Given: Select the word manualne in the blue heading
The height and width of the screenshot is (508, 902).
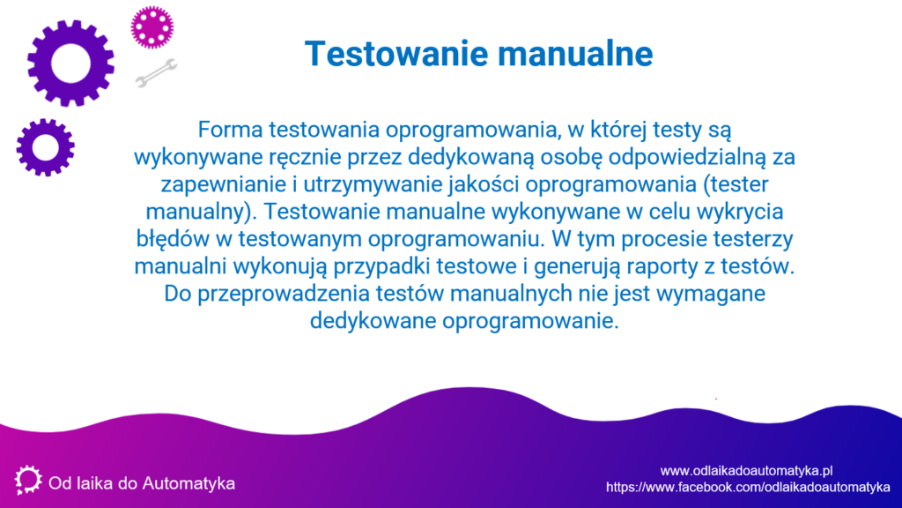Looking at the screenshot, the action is pos(575,54).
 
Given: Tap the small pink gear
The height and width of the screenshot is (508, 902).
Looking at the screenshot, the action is pos(152,27).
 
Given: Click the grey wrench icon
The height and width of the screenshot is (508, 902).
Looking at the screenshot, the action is pos(156,73).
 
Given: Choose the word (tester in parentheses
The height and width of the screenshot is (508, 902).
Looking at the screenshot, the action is pos(736,184).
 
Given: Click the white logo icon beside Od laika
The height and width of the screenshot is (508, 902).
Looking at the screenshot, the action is pos(27,480).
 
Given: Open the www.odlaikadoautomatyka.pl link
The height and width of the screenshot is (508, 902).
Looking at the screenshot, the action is pos(746,471).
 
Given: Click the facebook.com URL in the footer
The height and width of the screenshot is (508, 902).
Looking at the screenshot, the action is pos(748,487).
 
